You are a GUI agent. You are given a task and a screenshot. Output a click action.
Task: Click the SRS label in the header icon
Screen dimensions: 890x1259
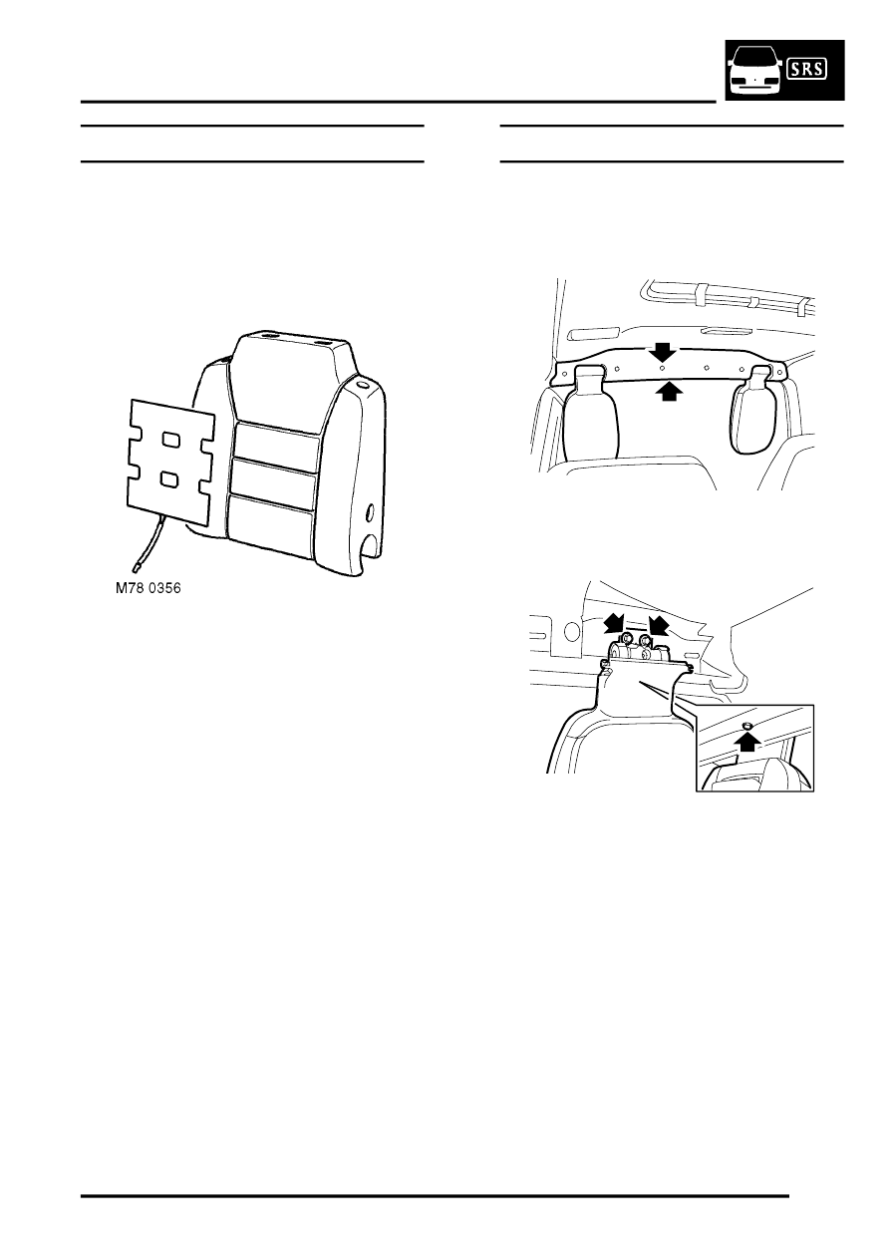click(808, 70)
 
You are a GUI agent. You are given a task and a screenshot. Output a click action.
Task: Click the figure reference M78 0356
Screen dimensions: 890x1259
click(148, 588)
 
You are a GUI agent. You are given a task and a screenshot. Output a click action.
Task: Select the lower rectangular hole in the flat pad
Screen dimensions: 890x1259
click(170, 479)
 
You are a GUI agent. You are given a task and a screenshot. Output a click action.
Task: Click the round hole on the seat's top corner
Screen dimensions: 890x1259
click(361, 387)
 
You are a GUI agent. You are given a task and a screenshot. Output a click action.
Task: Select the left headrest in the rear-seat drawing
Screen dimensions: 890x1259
click(590, 413)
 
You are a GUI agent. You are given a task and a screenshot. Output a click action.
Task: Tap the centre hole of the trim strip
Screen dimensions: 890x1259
click(663, 368)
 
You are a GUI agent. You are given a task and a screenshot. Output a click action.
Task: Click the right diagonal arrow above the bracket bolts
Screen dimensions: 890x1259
click(659, 624)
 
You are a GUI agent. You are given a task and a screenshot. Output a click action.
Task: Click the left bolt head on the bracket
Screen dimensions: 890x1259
click(625, 639)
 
